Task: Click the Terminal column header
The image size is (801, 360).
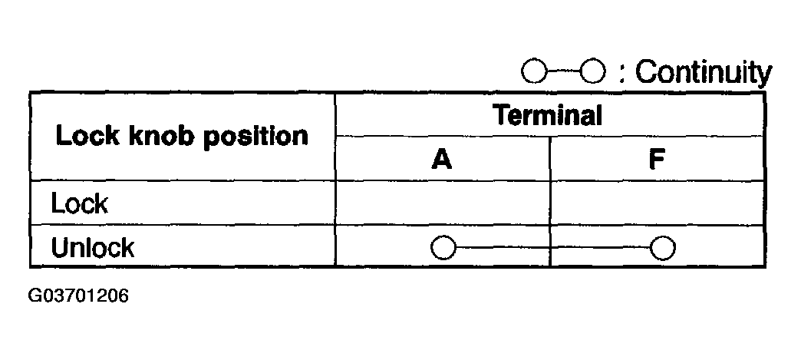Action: click(547, 116)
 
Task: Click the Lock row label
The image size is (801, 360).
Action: click(79, 203)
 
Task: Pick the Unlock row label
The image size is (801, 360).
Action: click(92, 247)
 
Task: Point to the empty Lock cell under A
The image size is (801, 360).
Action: click(443, 203)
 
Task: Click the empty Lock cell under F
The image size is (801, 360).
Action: click(657, 203)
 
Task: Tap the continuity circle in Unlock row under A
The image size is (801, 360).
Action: click(443, 248)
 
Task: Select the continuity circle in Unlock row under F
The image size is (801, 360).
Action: click(661, 248)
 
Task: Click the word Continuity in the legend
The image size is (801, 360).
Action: click(703, 73)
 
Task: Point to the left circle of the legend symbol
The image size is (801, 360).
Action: click(533, 73)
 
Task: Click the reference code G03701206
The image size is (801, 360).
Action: click(78, 296)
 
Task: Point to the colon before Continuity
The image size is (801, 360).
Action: click(622, 75)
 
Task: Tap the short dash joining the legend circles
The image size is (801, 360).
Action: click(564, 73)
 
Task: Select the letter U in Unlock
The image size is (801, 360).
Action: click(59, 247)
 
